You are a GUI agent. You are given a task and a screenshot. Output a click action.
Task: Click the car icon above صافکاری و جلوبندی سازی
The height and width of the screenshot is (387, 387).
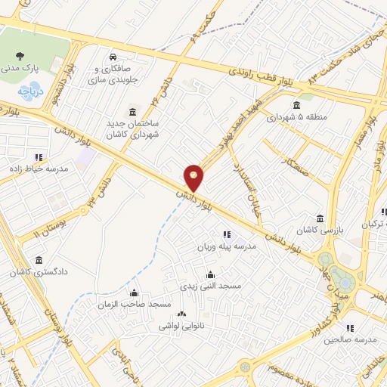(x=112, y=57)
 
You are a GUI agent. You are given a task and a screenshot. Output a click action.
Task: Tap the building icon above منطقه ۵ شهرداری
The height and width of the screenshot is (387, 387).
(x=296, y=105)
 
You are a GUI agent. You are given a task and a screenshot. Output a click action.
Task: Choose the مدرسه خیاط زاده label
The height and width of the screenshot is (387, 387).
(x=42, y=168)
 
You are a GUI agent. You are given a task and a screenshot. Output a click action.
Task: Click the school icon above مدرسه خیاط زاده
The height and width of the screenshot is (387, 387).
(x=39, y=156)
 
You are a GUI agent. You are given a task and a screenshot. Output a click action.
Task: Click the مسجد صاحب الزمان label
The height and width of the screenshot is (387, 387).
(x=135, y=304)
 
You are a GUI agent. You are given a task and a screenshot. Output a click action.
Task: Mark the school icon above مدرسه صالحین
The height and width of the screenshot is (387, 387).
(x=349, y=328)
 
